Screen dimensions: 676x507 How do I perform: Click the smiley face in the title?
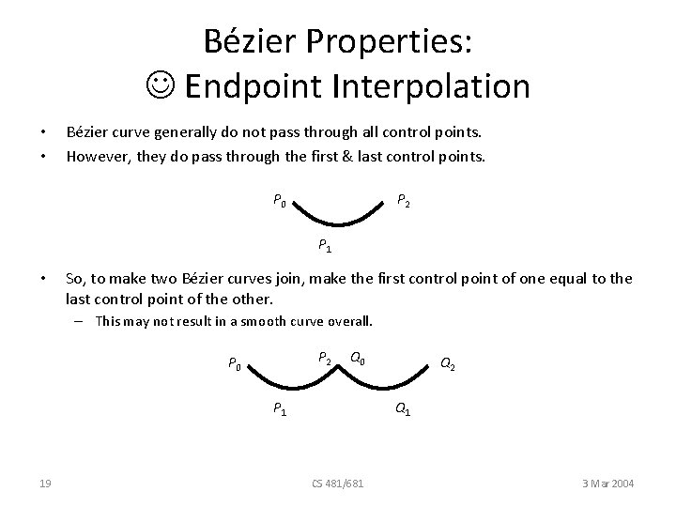(166, 86)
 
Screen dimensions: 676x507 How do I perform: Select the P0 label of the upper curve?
(280, 199)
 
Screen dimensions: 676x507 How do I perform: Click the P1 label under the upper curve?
(323, 246)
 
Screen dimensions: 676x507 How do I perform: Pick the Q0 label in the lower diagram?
(358, 358)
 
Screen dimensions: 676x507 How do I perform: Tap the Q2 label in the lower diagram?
(449, 365)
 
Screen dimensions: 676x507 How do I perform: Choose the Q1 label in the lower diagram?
(401, 408)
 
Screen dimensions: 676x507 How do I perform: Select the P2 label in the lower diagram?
(324, 358)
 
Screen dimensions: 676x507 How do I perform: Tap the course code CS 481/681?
(338, 483)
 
